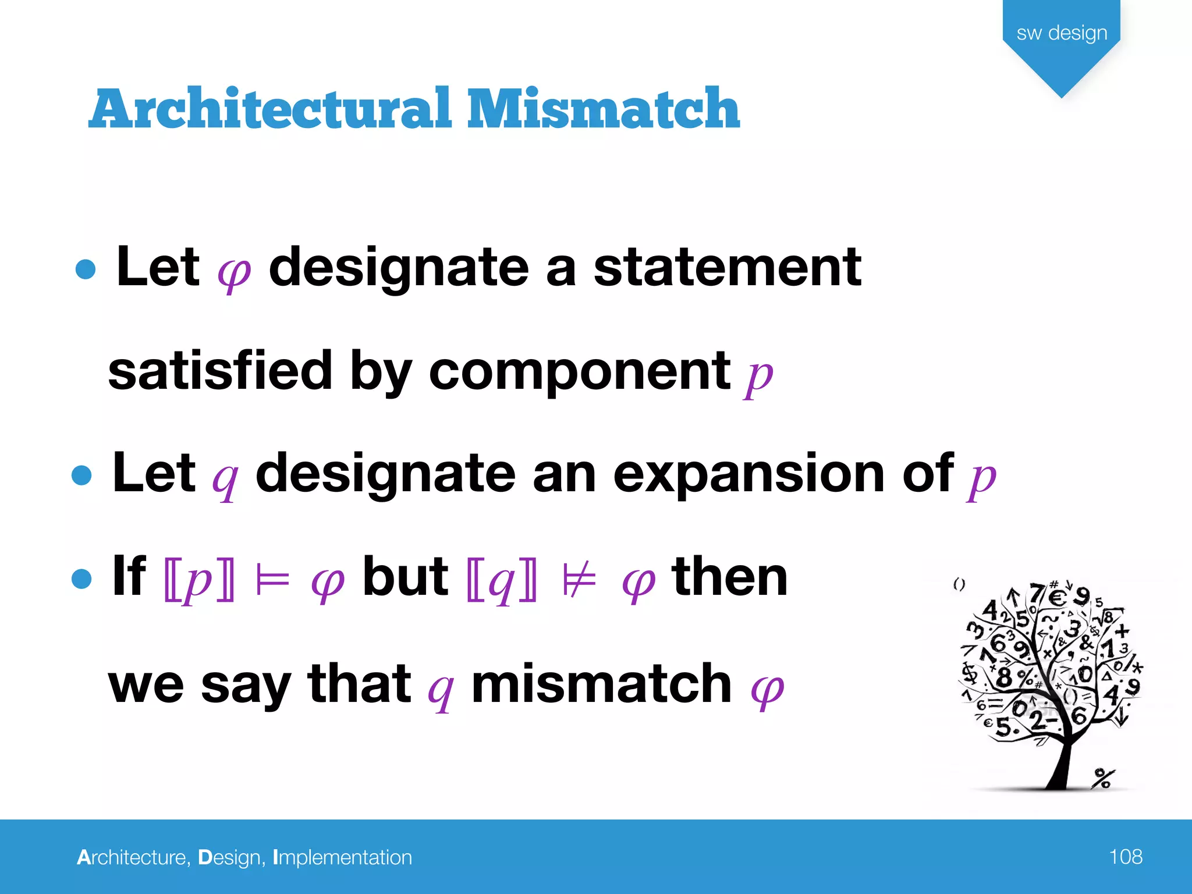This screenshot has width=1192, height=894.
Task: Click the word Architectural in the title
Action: point(271,109)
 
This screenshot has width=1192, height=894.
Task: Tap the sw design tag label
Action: point(1062,33)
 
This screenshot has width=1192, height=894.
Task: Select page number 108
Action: point(1125,857)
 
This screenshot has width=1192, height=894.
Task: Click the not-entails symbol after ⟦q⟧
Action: point(579,579)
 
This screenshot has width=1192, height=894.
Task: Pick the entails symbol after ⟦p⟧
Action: point(272,579)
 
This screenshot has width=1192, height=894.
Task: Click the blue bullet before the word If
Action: point(81,579)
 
